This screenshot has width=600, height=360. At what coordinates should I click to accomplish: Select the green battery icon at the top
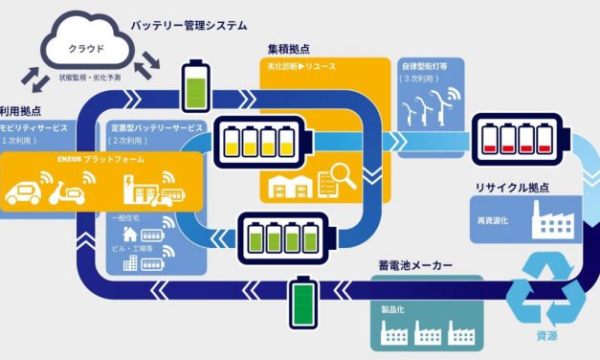(194, 87)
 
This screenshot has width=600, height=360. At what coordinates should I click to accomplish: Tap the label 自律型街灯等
(425, 67)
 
